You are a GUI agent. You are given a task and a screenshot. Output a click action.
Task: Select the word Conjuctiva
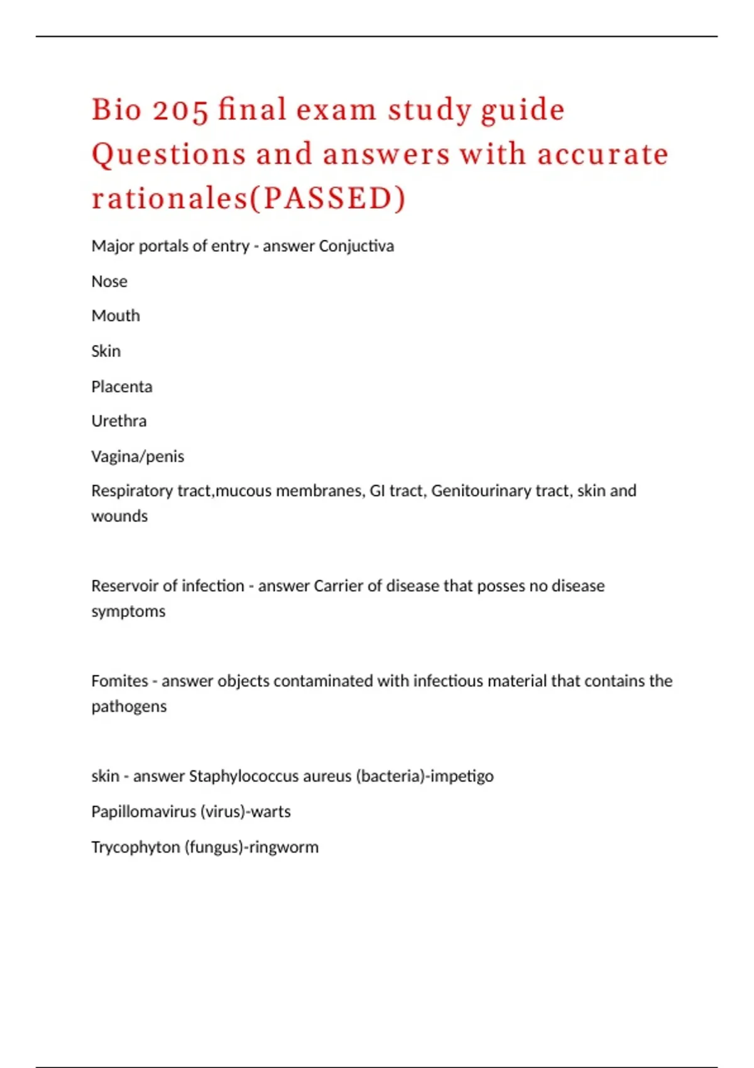(356, 246)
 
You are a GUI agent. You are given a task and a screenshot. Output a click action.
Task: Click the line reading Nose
(109, 281)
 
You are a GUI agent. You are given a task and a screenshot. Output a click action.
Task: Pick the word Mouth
(116, 315)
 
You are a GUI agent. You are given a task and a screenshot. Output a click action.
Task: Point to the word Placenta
(122, 386)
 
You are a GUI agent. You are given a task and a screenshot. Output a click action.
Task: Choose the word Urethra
(119, 421)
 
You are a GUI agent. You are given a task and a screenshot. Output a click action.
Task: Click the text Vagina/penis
(138, 456)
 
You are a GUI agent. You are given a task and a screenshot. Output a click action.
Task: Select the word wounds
(119, 516)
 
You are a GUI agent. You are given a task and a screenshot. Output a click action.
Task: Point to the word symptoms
(128, 611)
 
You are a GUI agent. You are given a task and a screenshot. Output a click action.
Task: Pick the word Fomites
(119, 681)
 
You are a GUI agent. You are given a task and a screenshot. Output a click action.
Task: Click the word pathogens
(129, 707)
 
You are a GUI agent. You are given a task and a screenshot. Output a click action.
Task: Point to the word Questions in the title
(169, 155)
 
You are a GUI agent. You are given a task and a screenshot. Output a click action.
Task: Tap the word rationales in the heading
(170, 199)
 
